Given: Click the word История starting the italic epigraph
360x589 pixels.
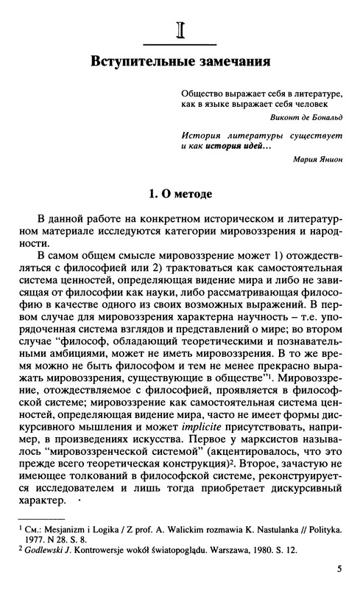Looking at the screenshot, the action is tap(200, 133).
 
